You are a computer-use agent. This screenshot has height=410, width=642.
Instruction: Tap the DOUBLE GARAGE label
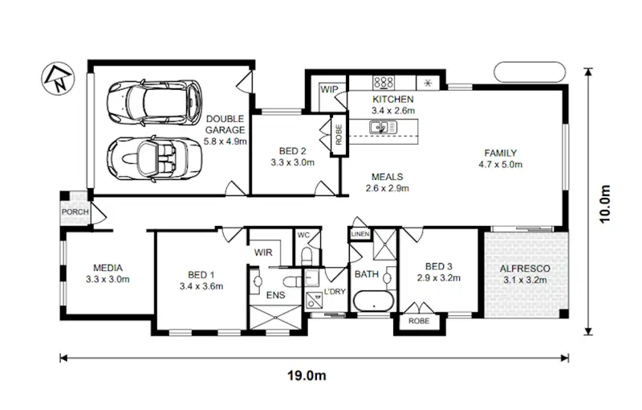(225, 124)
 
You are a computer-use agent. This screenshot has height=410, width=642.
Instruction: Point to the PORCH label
(75, 212)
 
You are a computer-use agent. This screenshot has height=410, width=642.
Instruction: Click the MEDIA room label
(108, 269)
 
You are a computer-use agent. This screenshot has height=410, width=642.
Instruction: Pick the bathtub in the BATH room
(374, 304)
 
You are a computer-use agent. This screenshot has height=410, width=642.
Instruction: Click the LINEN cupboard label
(359, 234)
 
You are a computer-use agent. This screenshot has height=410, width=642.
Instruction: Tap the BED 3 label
(438, 267)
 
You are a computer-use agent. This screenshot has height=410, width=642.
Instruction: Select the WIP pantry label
(329, 89)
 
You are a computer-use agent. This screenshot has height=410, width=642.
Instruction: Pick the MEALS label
(387, 177)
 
